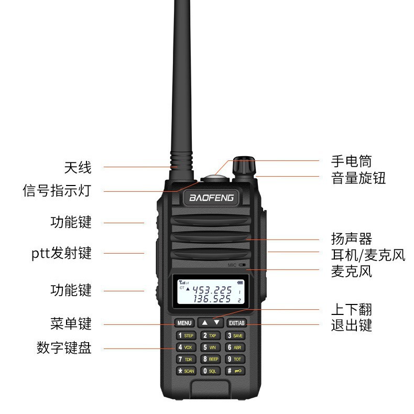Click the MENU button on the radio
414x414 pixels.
[184, 323]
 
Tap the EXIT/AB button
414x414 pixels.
[237, 323]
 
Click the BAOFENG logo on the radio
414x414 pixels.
[211, 198]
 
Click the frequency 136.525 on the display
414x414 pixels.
[212, 299]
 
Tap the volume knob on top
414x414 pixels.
[244, 166]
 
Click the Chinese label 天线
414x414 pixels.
[78, 168]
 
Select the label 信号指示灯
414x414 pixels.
[57, 190]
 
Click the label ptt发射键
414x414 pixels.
[61, 254]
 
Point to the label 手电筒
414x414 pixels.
[351, 160]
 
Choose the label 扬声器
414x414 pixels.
[351, 239]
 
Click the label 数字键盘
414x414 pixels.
[64, 348]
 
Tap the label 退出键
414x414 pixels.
[351, 325]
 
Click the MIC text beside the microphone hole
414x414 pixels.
[233, 265]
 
